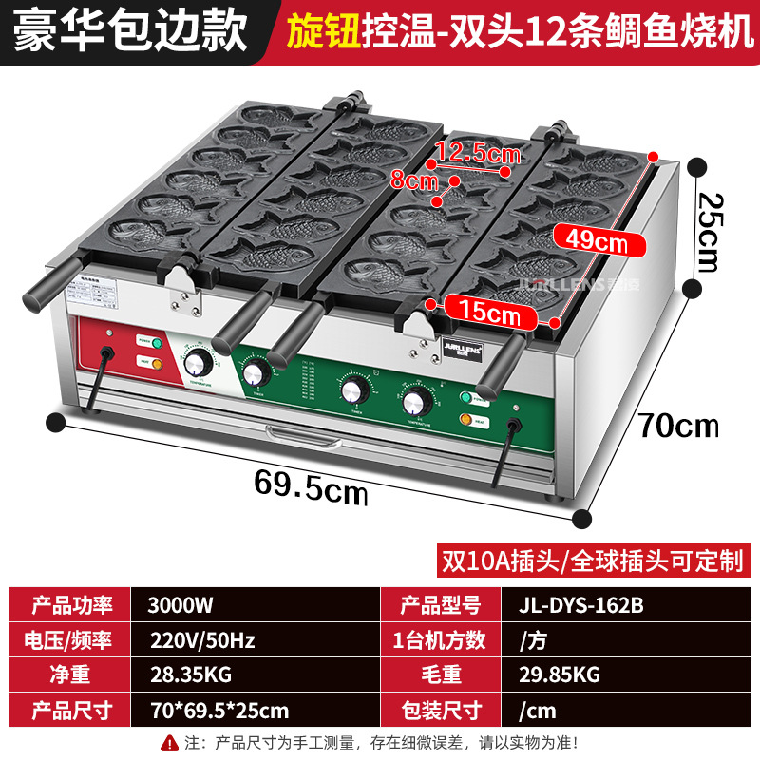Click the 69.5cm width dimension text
(x=311, y=487)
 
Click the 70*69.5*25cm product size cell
(x=218, y=710)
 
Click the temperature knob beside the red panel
(x=199, y=362)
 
